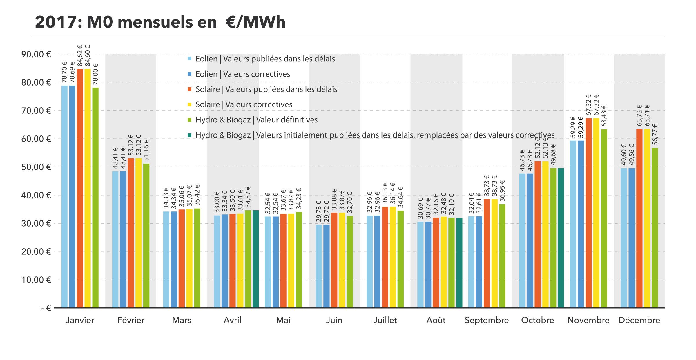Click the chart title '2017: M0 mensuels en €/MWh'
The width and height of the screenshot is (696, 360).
pos(160,22)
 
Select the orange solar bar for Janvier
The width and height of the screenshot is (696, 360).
pos(80,189)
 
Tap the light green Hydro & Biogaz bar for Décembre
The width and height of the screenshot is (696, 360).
pos(655,228)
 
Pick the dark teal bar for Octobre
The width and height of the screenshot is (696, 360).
pos(561,238)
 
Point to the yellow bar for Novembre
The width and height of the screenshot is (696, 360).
pos(596,213)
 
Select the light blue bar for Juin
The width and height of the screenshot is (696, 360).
pos(319,266)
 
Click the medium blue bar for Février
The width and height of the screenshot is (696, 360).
pos(123,239)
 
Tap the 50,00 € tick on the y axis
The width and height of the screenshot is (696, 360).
pos(36,167)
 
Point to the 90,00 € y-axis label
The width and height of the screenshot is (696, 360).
pos(36,54)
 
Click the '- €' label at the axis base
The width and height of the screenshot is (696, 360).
pos(46,308)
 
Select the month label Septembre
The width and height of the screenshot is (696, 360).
pos(487,320)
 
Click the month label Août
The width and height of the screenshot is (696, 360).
pos(436,320)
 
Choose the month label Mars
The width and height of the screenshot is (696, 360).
pos(182,320)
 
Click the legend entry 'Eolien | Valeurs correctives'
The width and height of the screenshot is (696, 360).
pos(242,74)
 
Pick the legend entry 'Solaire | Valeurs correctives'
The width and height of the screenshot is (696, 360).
pos(244,105)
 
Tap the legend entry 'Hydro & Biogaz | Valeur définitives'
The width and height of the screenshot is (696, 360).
pos(256,120)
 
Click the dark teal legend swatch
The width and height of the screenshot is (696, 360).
pos(190,135)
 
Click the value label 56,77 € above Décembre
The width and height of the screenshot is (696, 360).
pos(655,134)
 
